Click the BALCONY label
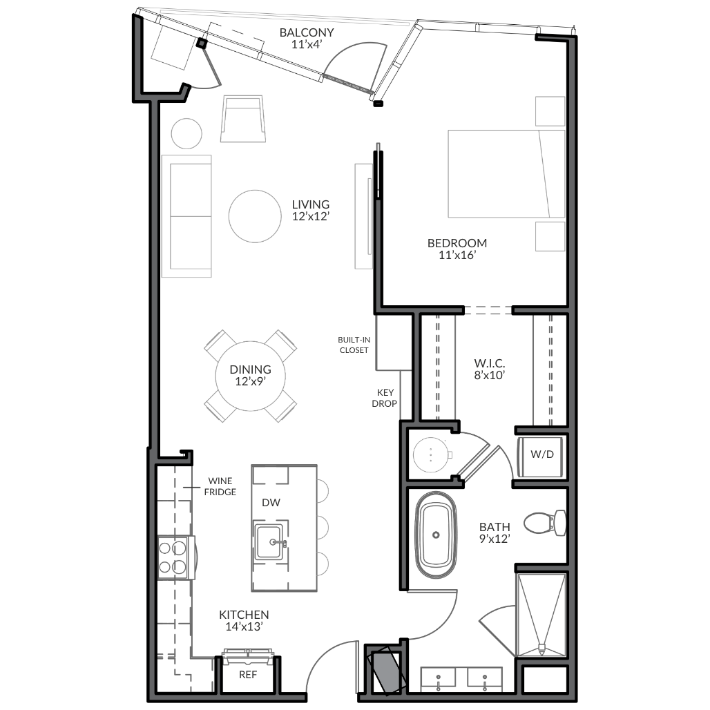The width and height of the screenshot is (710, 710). (307, 32)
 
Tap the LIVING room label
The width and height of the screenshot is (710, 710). (311, 204)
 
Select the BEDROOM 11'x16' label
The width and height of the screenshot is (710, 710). (457, 249)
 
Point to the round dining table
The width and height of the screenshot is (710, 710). (251, 376)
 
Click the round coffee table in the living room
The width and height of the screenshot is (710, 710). (255, 216)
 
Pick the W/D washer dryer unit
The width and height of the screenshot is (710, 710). (541, 457)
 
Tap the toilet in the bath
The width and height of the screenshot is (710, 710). (545, 523)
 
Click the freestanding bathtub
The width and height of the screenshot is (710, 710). (436, 535)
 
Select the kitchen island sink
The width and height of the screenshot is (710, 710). (270, 542)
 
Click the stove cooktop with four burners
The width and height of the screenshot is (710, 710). (176, 557)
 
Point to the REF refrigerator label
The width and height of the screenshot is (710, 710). (248, 675)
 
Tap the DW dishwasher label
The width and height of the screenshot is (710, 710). (271, 502)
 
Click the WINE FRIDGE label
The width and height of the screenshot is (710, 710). (220, 486)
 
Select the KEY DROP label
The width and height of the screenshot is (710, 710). (385, 398)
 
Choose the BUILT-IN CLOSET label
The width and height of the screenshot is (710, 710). (354, 345)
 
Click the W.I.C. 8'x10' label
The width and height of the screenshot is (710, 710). (490, 369)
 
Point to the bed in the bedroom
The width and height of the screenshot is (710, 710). (507, 174)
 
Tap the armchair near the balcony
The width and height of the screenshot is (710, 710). (243, 119)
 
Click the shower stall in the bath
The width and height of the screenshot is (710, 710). (541, 615)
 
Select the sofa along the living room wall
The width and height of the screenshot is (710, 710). (186, 216)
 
